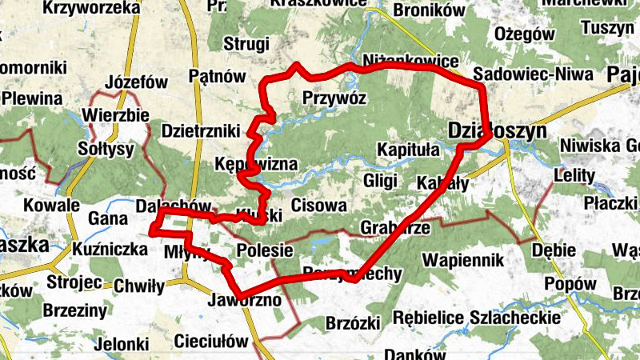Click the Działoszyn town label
497,130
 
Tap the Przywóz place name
334,98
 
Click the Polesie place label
264,250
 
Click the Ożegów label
525,34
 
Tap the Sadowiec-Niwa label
532,74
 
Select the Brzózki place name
352,323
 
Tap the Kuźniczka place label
109,250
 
